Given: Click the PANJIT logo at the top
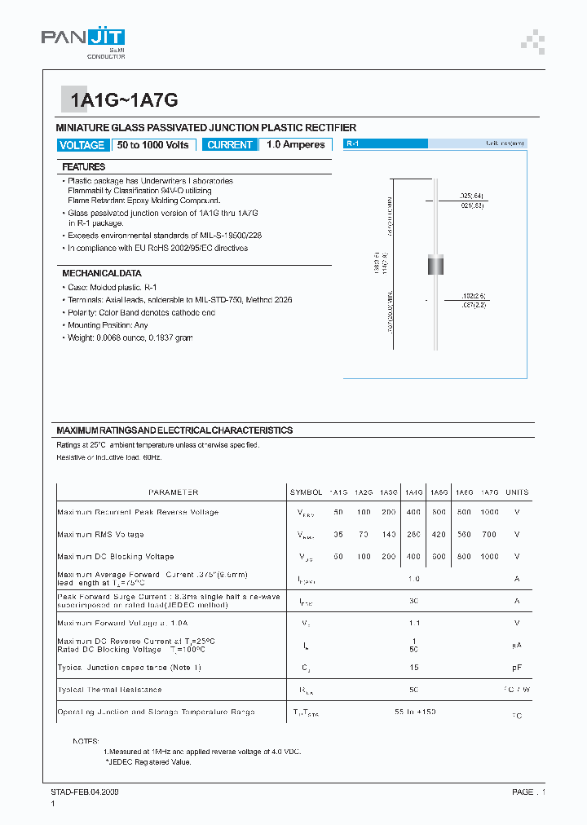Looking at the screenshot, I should coord(83,40).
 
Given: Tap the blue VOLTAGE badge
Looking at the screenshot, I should coord(82,145).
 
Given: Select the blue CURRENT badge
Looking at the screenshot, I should coord(230,145).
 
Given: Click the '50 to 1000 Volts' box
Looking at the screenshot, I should coord(153,145).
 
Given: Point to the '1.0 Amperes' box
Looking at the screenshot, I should coord(296,145).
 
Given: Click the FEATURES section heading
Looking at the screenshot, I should coord(83,166).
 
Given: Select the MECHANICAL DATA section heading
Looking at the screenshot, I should coord(102,273).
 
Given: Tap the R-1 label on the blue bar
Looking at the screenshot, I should coord(353,143).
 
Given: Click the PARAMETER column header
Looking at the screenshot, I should coord(173,492).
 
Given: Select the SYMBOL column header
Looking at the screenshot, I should coord(306,492).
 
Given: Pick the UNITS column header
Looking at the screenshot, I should coord(517,492).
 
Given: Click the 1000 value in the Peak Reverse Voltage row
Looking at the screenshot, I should coord(489,512).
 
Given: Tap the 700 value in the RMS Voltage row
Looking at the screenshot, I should coord(489,535).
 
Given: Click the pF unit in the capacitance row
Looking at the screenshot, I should coord(517,668).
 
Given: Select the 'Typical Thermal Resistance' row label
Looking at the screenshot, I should coord(110,690).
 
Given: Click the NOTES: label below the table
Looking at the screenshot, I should coord(85,741).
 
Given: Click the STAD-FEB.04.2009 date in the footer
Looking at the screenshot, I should coord(85,792).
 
